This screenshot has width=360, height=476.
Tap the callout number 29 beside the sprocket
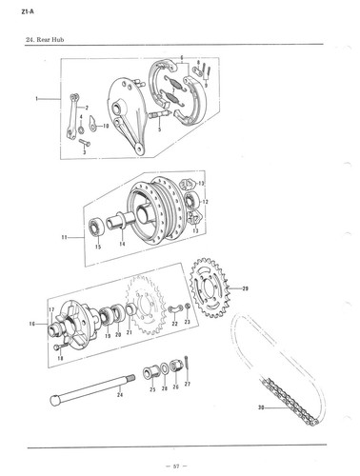click(245, 288)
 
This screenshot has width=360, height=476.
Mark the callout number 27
click(188, 383)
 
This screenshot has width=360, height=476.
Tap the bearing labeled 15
click(96, 229)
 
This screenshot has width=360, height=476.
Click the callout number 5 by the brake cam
click(158, 127)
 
